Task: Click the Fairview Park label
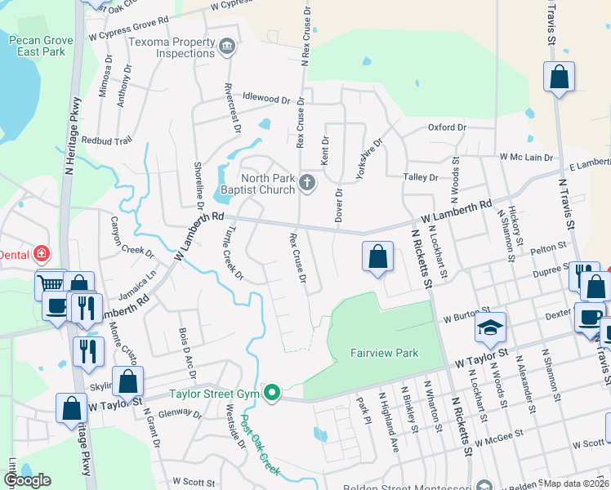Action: tap(384, 353)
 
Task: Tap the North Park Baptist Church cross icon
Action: tap(307, 181)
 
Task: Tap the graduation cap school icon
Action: tap(492, 328)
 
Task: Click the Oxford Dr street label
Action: tap(447, 127)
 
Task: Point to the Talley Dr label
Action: tap(421, 176)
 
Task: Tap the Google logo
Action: tap(27, 480)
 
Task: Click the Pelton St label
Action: tap(548, 246)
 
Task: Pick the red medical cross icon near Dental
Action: tap(41, 255)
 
